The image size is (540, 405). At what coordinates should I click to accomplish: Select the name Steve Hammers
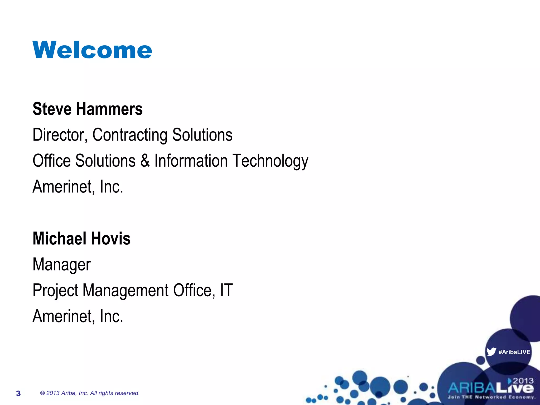[88, 109]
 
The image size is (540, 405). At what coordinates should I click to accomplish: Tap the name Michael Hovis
[81, 238]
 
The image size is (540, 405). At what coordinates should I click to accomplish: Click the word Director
[60, 135]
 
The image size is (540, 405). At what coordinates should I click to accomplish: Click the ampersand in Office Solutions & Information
[145, 161]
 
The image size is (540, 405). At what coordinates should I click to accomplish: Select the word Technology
[270, 161]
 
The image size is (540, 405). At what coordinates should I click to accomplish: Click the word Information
[191, 161]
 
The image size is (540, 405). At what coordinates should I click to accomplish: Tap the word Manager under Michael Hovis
[61, 264]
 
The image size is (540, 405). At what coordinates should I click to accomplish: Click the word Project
[55, 291]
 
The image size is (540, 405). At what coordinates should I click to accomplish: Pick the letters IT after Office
[226, 290]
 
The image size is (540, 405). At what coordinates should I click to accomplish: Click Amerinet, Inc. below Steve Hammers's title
[78, 186]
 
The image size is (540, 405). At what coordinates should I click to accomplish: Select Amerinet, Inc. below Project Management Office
[78, 316]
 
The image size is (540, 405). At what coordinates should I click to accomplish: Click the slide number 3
[18, 393]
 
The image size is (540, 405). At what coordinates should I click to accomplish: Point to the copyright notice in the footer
[90, 393]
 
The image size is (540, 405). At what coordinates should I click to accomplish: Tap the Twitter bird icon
[491, 352]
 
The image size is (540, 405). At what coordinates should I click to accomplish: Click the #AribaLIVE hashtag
[514, 352]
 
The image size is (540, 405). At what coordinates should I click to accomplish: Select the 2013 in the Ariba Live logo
[523, 381]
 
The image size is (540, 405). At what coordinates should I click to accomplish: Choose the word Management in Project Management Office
[126, 291]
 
